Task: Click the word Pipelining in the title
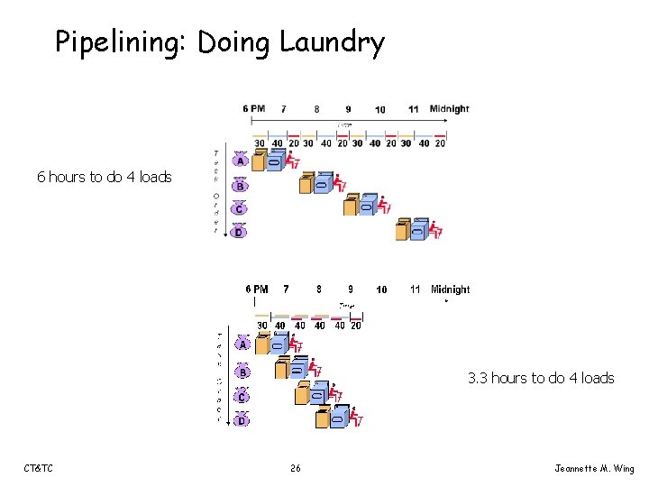[x=122, y=42]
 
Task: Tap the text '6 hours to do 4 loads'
[x=104, y=177]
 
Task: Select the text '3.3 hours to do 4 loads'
[x=541, y=378]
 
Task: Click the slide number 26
[x=295, y=468]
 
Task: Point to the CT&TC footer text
[x=39, y=468]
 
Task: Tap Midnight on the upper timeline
[x=449, y=109]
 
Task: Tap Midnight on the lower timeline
[x=450, y=289]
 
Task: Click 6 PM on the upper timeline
[x=253, y=109]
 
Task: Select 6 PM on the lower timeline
[x=257, y=289]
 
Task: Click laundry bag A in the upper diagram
[x=240, y=161]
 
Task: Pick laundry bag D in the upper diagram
[x=239, y=233]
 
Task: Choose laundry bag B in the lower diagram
[x=242, y=372]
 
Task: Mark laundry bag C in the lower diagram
[x=242, y=396]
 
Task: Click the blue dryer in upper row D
[x=419, y=230]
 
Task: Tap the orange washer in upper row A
[x=260, y=161]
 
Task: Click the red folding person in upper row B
[x=340, y=183]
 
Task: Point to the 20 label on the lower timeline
[x=355, y=326]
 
